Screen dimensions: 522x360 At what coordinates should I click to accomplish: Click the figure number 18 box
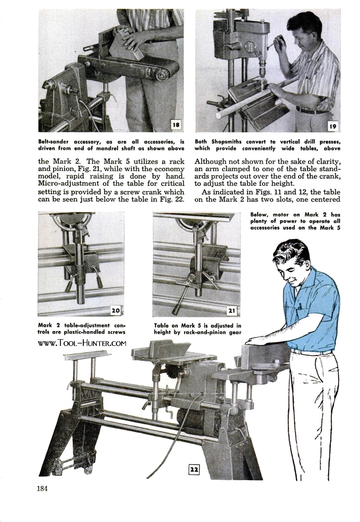(176, 124)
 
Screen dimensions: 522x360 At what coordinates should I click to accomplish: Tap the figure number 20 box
(116, 310)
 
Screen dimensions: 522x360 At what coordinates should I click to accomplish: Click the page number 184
(42, 489)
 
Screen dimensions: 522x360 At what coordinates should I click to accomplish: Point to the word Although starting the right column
(212, 162)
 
